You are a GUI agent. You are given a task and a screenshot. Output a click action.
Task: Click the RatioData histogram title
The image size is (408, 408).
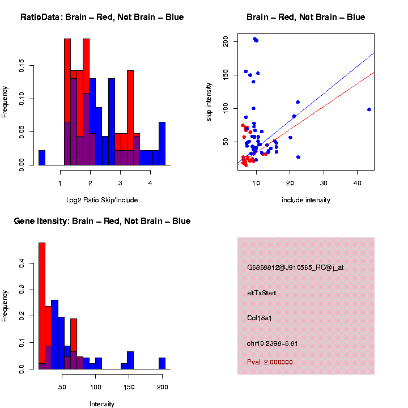(x=102, y=17)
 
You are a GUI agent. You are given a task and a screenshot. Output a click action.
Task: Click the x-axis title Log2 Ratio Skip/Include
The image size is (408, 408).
(x=102, y=200)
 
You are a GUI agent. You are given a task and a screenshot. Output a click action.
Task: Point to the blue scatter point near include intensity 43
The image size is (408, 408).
(x=369, y=109)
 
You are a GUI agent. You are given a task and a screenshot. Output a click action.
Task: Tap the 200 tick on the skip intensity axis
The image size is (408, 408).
(x=226, y=41)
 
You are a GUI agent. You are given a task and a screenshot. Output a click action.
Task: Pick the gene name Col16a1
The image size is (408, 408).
(x=260, y=318)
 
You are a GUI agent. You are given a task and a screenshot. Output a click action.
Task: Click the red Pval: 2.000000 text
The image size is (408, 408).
(x=270, y=362)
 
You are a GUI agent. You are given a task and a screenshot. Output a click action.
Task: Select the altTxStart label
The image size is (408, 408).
(x=262, y=293)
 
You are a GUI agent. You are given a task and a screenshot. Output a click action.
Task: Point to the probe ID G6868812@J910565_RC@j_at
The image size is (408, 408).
(x=295, y=267)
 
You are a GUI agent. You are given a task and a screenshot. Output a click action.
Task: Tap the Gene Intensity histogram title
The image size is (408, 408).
(x=102, y=221)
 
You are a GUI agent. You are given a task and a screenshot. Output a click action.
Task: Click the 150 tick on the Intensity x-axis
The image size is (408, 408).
(x=129, y=388)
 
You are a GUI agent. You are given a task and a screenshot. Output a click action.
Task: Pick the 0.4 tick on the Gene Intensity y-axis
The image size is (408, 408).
(x=22, y=263)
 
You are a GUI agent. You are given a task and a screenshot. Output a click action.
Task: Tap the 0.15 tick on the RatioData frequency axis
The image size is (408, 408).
(x=22, y=66)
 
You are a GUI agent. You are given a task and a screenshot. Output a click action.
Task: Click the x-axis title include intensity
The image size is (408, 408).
(x=306, y=200)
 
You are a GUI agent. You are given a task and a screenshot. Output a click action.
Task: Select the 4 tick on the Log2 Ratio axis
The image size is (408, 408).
(x=150, y=183)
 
